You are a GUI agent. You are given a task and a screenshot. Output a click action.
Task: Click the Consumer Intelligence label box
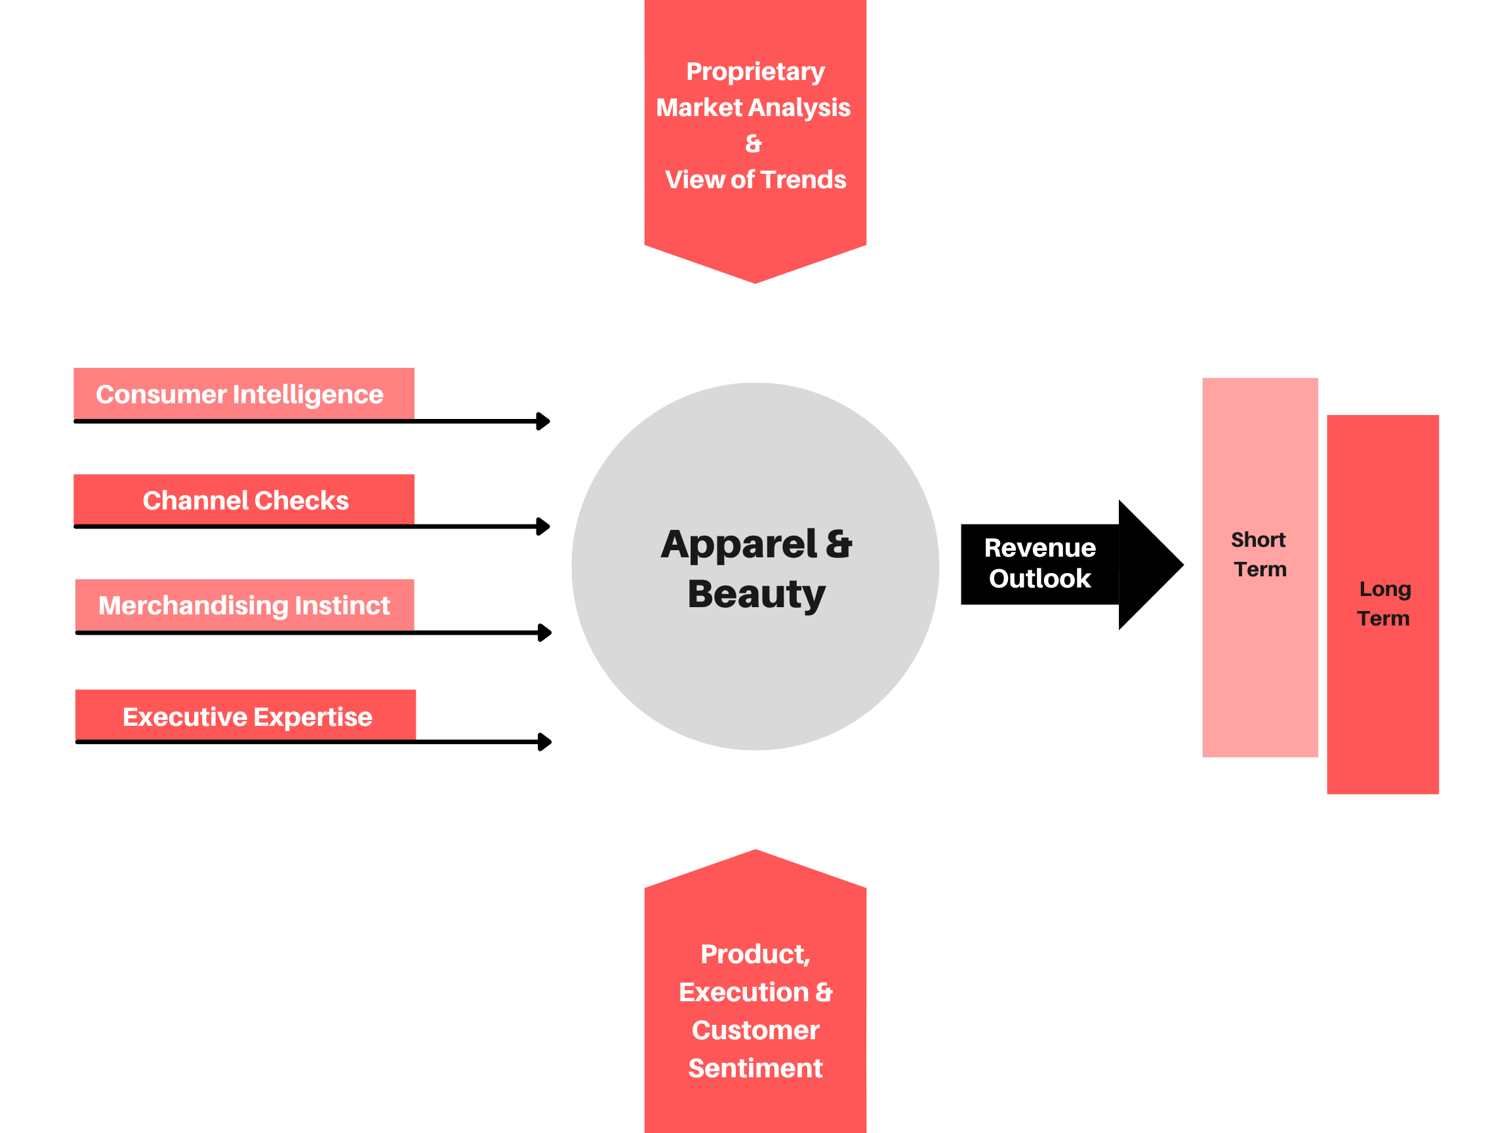tap(243, 394)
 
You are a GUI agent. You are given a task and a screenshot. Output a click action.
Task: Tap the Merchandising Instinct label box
tap(245, 605)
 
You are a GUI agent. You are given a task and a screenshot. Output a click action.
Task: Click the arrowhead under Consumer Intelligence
tap(544, 422)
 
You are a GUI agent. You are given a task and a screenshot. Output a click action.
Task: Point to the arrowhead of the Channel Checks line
tap(544, 527)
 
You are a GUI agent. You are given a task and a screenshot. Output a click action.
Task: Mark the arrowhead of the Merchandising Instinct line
tap(545, 633)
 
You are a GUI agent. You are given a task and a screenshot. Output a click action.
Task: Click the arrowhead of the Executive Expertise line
tap(545, 742)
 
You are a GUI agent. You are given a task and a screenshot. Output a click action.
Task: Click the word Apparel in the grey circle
tap(738, 545)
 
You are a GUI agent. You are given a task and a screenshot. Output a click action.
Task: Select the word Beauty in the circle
tap(756, 594)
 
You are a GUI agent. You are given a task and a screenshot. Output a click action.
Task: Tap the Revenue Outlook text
tap(1039, 563)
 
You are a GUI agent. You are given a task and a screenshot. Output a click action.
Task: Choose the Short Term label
tap(1259, 555)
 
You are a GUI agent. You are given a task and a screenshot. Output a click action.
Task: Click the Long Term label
tap(1384, 604)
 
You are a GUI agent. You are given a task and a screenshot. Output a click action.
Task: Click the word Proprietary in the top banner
tap(755, 71)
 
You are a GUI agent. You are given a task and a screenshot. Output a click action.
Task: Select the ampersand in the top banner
tap(753, 144)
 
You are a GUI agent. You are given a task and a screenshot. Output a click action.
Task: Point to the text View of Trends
tap(755, 180)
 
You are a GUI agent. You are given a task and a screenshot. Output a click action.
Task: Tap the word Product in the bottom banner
tap(754, 954)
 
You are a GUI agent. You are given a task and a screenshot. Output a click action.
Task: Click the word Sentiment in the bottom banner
tap(755, 1068)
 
